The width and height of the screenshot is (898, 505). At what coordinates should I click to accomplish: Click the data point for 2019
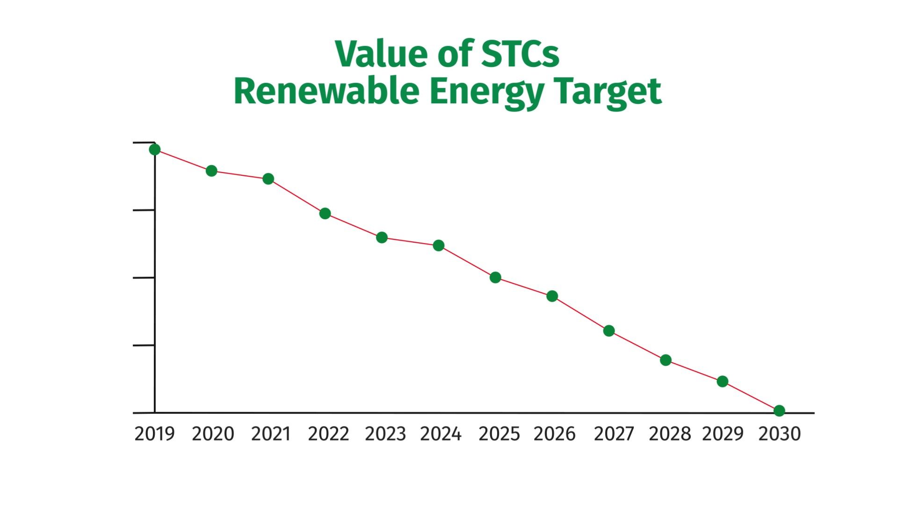[155, 150]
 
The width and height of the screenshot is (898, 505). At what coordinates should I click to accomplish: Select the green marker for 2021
[268, 179]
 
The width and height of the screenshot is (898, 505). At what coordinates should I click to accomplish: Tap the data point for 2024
[438, 245]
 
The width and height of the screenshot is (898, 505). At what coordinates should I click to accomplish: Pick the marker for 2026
[552, 296]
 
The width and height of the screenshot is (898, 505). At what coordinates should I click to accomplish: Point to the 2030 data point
[779, 411]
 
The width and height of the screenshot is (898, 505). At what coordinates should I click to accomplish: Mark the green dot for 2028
[666, 360]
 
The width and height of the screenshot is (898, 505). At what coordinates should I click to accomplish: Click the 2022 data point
[325, 214]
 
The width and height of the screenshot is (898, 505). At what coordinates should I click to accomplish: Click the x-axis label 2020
[213, 434]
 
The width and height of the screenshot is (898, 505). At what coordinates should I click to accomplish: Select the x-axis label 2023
[385, 434]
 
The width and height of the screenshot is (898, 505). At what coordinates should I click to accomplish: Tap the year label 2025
[499, 434]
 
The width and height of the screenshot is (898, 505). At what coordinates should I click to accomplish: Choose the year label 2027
[614, 434]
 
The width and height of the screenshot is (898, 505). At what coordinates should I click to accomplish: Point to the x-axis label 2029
[723, 434]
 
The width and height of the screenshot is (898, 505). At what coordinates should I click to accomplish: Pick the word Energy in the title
[486, 92]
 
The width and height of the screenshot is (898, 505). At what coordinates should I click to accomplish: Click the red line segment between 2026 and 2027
[580, 313]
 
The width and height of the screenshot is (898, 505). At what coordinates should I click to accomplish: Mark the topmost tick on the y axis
[143, 142]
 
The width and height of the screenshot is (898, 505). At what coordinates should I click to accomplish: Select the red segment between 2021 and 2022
[297, 196]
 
